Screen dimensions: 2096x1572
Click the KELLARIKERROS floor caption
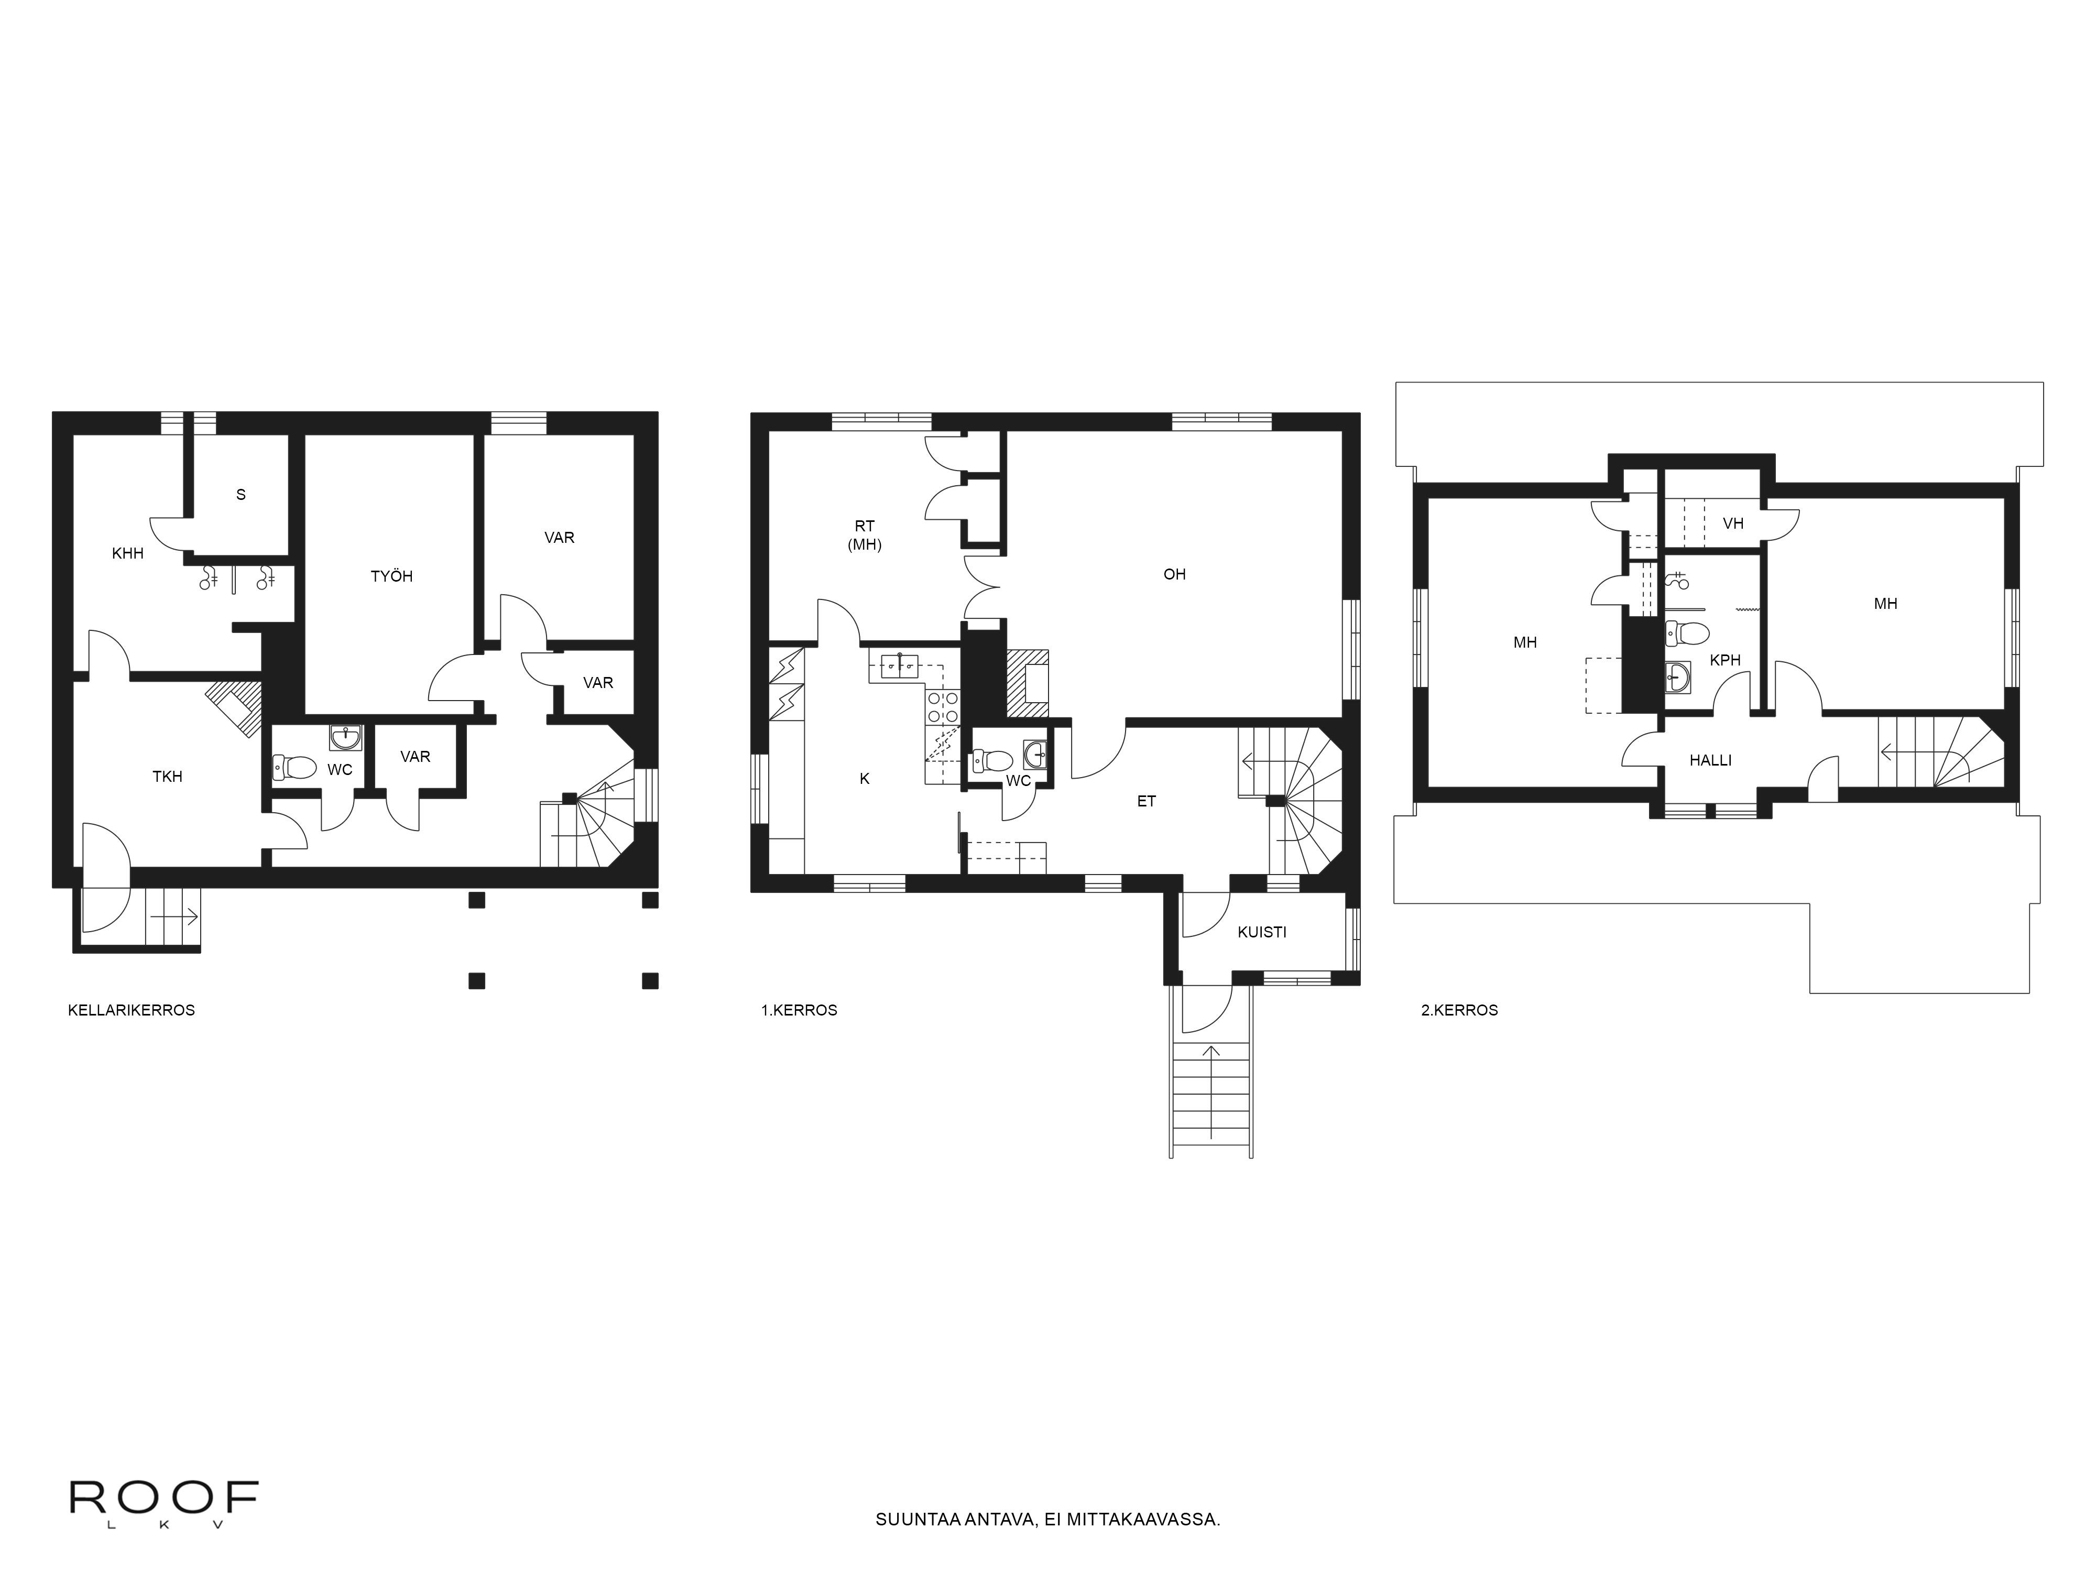(132, 1010)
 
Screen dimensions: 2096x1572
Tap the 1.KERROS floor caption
(799, 1010)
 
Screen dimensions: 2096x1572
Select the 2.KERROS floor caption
(1459, 1010)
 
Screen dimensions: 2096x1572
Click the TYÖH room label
(391, 576)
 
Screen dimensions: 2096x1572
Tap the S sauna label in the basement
(241, 495)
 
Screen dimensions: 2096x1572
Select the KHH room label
(128, 553)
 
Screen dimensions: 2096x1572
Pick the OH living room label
(1175, 574)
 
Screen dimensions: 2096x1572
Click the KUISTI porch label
(1262, 932)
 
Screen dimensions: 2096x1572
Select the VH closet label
(1733, 523)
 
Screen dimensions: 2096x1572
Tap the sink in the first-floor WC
(1035, 754)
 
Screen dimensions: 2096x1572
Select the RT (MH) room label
(864, 536)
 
